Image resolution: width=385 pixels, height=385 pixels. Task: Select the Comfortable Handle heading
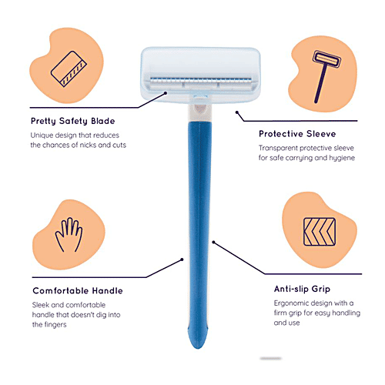(x=77, y=290)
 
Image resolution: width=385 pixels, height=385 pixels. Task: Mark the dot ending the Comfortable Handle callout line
(x=182, y=259)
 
